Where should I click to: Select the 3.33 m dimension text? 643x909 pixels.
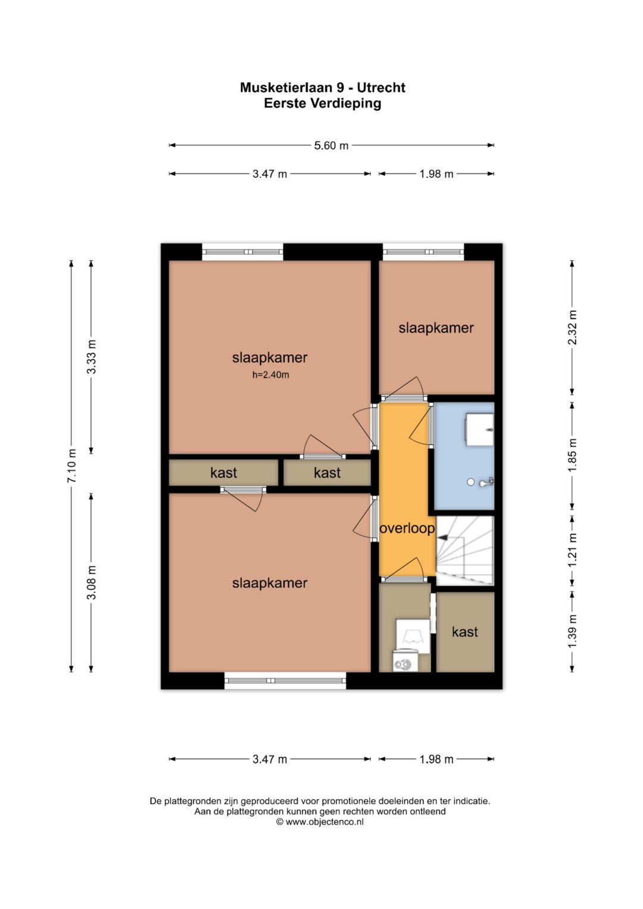coord(92,357)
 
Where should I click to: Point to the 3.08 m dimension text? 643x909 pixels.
coord(92,582)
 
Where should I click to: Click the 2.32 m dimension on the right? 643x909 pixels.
coord(572,327)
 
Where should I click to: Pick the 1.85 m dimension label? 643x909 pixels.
coord(572,456)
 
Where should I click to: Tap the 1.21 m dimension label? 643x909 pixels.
coord(572,551)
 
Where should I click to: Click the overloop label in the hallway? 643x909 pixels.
coord(407,529)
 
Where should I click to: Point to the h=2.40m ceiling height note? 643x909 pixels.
coord(271,375)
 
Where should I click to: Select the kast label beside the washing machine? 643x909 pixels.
coord(465,632)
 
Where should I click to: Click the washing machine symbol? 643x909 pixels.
coord(403,664)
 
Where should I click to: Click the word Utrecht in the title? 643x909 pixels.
coord(381,88)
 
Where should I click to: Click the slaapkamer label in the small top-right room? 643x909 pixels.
coord(436,328)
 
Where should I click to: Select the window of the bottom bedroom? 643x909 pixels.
coord(285,680)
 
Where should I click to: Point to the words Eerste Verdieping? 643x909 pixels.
coord(323,104)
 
